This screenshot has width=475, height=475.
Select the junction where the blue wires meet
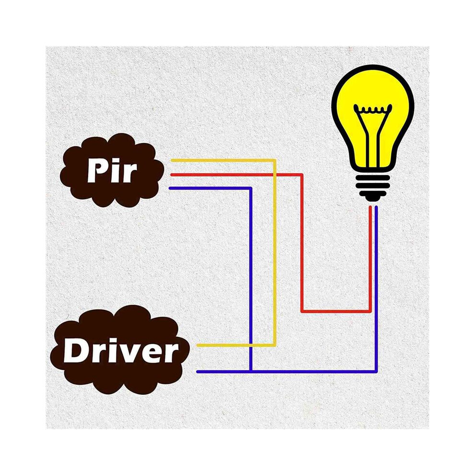[251, 371]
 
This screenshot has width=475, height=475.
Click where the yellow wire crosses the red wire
[275, 175]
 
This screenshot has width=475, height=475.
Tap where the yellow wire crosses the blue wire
[251, 345]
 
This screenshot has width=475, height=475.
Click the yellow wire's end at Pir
[172, 160]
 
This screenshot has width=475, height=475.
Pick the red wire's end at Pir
[172, 175]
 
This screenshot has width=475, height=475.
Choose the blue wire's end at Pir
[170, 188]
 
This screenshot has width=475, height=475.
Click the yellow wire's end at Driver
[198, 345]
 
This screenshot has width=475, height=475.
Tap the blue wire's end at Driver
[198, 371]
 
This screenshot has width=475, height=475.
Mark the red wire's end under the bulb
[370, 207]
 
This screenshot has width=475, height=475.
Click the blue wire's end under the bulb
[376, 207]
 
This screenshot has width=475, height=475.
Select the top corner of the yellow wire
[275, 160]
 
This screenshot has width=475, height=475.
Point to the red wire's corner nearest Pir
[302, 175]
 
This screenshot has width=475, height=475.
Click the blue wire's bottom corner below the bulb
[376, 371]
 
